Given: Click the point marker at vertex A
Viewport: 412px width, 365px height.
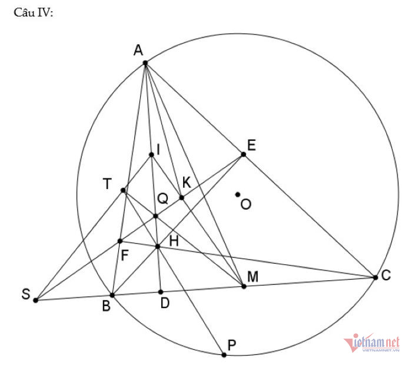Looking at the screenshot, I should pos(145,62).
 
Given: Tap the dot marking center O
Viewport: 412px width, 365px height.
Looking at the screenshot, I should pos(238,194).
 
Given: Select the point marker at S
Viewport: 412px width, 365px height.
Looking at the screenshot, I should pos(35,300).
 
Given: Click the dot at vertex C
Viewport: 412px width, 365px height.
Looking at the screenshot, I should pos(376,277).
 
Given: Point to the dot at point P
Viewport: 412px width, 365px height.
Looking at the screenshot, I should pos(224,355).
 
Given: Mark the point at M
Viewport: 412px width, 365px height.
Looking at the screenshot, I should pos(244,286).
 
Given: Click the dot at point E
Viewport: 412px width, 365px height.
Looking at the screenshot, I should pos(243,154).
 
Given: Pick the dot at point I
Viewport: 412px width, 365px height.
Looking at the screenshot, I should pos(151,155).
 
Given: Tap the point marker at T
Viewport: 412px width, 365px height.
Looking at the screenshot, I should pos(123,190).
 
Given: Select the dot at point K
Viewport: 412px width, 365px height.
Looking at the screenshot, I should pos(181,197).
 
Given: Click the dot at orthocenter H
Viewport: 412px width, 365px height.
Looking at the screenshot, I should pos(158,245).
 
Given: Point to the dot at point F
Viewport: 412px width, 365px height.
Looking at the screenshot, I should pos(120,241).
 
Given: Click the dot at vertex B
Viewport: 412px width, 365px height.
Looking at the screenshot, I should pos(112,295).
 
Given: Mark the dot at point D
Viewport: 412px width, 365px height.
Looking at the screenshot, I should pos(161,291).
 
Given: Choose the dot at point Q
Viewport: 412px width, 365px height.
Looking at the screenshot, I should pos(155,216).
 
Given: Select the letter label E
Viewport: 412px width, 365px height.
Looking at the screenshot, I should pos(251,145).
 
